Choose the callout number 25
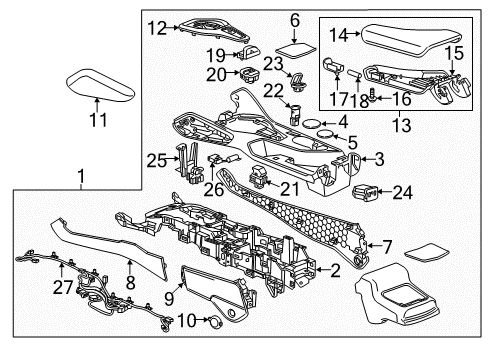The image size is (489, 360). click(x=153, y=160)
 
